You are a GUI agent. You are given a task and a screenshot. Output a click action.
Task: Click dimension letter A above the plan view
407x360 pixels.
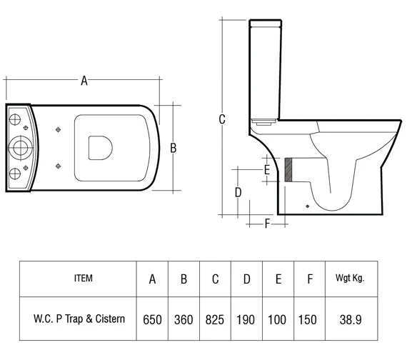tap(84, 81)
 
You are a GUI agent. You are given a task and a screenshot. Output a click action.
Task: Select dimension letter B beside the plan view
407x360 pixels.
tap(173, 148)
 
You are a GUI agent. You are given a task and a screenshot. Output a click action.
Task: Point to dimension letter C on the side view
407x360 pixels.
tap(222, 119)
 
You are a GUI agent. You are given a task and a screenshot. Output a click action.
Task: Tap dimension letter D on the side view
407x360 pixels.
tap(238, 192)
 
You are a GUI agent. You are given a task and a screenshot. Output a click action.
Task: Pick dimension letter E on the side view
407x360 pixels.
tap(266, 170)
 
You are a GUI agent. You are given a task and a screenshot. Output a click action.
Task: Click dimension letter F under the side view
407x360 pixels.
tap(266, 224)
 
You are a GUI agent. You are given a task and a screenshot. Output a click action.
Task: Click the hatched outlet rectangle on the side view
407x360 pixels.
tap(289, 170)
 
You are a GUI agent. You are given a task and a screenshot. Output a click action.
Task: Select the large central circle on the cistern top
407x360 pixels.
tap(19, 148)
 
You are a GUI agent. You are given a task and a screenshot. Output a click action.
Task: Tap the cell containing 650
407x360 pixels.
tap(152, 319)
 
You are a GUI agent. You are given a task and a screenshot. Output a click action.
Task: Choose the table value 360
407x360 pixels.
tap(184, 319)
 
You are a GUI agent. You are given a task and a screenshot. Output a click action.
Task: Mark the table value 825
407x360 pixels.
tap(215, 319)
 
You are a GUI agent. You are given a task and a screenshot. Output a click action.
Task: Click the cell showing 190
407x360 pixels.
tap(246, 319)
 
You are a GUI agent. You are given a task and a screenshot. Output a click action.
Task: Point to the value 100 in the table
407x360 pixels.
tap(278, 319)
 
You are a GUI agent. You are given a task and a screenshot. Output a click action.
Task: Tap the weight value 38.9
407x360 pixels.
tap(349, 319)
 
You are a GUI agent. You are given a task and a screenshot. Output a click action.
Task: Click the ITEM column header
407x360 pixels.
tap(83, 279)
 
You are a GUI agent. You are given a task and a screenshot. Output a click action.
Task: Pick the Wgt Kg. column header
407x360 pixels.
tap(349, 279)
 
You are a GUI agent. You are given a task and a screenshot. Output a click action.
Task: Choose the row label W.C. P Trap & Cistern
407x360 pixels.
tap(83, 319)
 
